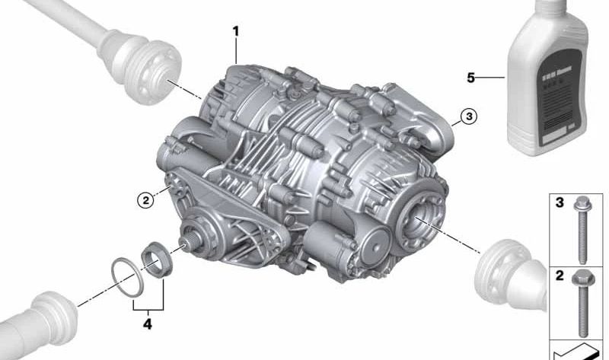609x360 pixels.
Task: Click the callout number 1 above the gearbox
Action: click(236, 31)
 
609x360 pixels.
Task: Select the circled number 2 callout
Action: click(145, 200)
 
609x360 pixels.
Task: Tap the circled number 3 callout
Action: click(468, 116)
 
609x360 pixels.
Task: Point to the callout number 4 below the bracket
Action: click(148, 324)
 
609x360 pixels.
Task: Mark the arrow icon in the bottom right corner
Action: click(575, 352)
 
